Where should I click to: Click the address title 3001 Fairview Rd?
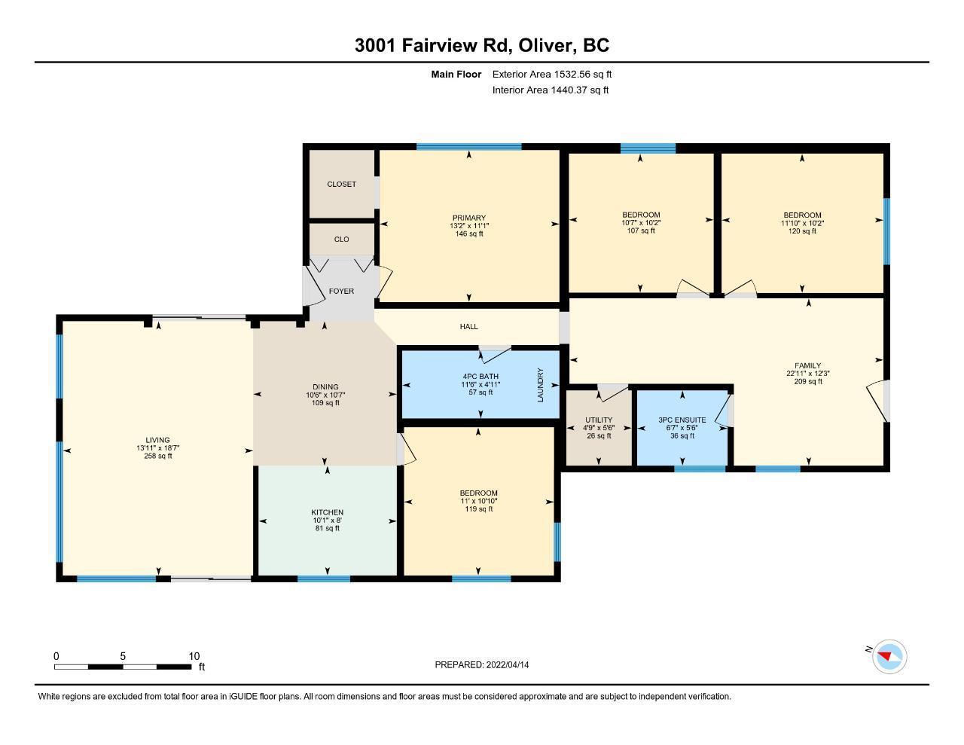coord(433,45)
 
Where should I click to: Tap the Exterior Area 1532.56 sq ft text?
coord(552,74)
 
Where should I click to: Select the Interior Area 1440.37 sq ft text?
coord(550,90)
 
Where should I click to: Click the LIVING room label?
coord(157,440)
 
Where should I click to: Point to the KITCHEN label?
coord(328,512)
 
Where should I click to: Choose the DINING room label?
coord(325,387)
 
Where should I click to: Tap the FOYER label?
coord(341,291)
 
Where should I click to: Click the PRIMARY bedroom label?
coord(469,218)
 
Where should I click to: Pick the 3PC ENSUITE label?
coord(682,420)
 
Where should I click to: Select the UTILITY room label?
coord(599,420)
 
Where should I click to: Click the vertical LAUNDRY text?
coord(540,385)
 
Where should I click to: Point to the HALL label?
coord(468,327)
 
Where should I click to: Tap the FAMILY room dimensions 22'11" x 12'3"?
coord(807,374)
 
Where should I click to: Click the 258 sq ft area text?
coord(157,456)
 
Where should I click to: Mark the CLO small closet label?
coord(341,239)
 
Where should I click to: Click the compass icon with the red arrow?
coord(889,657)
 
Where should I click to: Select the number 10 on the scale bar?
coord(194,656)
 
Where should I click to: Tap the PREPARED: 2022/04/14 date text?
coord(481,664)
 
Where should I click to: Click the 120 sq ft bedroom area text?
coord(801,231)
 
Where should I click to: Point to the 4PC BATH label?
coord(480,377)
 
